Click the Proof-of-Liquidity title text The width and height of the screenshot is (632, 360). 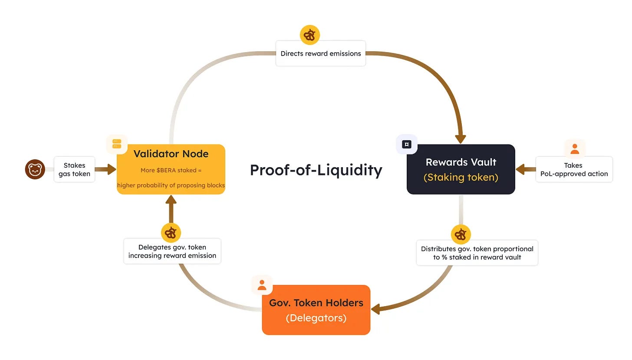click(x=316, y=170)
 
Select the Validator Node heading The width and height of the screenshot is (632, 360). click(x=171, y=154)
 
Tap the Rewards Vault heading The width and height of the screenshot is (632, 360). click(x=461, y=162)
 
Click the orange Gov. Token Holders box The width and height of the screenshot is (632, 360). click(x=316, y=310)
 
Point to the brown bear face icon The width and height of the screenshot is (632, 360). click(x=35, y=169)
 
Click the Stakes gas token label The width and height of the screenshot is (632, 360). click(x=75, y=169)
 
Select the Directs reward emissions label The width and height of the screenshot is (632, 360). click(x=320, y=53)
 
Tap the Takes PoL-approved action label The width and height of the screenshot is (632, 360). click(x=574, y=169)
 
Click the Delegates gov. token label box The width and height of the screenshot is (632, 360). click(x=172, y=251)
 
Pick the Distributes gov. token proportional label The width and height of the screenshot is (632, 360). click(x=477, y=253)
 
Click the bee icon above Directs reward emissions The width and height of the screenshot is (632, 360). click(x=310, y=35)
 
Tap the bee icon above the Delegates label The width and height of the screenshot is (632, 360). click(x=171, y=233)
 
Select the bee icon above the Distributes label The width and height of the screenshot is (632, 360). click(x=461, y=234)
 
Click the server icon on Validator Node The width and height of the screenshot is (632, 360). click(x=117, y=144)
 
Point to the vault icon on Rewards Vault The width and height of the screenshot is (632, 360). click(x=407, y=144)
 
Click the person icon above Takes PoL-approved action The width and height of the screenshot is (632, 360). click(x=575, y=149)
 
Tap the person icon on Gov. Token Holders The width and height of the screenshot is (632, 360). click(x=262, y=285)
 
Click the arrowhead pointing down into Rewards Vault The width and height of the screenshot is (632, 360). click(x=461, y=139)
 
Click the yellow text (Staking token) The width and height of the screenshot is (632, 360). click(x=461, y=177)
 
